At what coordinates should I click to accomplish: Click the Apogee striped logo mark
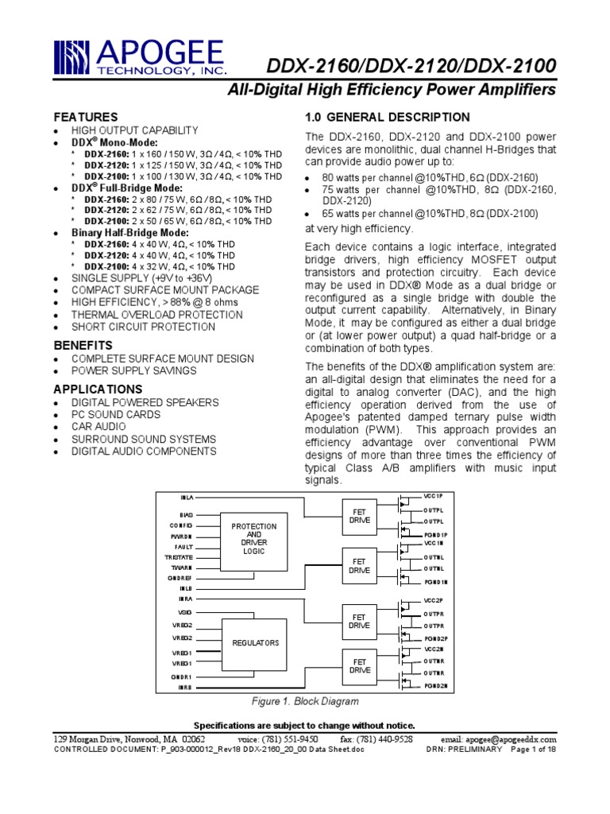tap(74, 58)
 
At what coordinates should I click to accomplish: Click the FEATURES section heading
tap(85, 117)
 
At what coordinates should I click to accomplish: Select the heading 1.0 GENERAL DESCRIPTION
tap(388, 117)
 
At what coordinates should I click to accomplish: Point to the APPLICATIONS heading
tap(98, 390)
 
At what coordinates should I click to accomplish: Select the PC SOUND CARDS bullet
tap(116, 414)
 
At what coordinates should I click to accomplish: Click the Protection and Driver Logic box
tap(253, 538)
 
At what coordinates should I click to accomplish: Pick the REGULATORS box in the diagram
tap(253, 642)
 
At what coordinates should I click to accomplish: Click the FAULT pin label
tap(184, 548)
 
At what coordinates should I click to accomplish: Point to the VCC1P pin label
tap(434, 496)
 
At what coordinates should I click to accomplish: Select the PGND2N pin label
tap(435, 685)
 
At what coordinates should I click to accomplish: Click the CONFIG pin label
tap(181, 525)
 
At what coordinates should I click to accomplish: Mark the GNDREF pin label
tap(181, 578)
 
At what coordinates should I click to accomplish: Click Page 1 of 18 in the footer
tap(533, 750)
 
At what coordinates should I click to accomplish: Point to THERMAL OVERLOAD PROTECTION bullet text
tap(157, 315)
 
